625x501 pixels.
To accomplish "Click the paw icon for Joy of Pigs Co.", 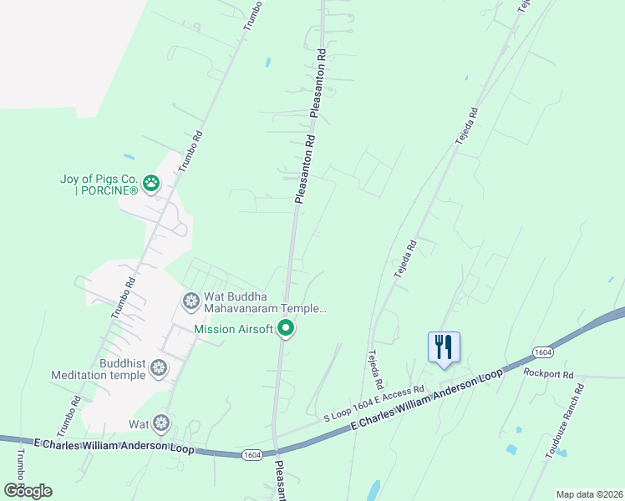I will pyautogui.click(x=151, y=182).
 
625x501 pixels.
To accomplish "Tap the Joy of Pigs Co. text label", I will pyautogui.click(x=99, y=185).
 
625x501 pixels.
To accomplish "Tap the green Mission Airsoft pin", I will pyautogui.click(x=286, y=329).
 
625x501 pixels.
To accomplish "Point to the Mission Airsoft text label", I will pyautogui.click(x=233, y=329).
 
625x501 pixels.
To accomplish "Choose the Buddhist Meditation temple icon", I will pyautogui.click(x=159, y=367).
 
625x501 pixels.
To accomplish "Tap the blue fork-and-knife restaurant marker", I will pyautogui.click(x=444, y=347).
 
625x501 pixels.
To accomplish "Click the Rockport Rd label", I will pyautogui.click(x=548, y=374).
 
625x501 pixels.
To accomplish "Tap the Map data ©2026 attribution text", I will pyautogui.click(x=588, y=494).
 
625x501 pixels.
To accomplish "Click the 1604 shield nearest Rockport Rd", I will pyautogui.click(x=541, y=353).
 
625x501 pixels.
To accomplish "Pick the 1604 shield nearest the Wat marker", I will pyautogui.click(x=252, y=454).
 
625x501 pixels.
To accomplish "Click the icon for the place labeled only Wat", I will pyautogui.click(x=160, y=424).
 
